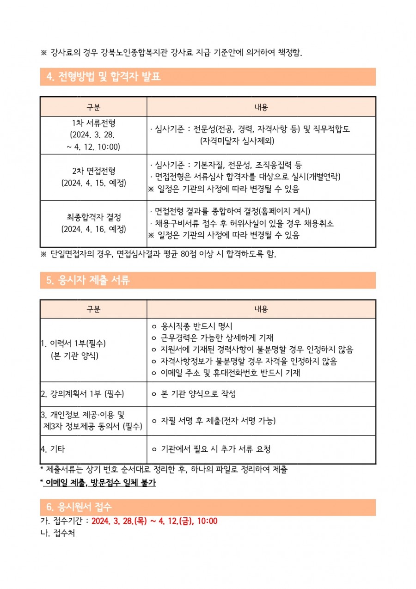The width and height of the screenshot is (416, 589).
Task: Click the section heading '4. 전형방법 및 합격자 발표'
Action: pos(104,77)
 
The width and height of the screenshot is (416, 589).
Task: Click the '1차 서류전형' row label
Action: pos(93,123)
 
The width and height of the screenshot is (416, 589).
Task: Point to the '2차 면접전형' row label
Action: pos(93,171)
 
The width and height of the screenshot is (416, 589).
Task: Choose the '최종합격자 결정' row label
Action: pos(93,217)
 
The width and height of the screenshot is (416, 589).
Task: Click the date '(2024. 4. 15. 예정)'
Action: pos(93,183)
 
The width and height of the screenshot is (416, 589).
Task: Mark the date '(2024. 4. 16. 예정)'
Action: pos(93,229)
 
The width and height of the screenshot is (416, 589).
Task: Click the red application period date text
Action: pos(154,521)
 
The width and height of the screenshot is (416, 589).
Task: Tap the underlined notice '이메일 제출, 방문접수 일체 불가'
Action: pos(100,483)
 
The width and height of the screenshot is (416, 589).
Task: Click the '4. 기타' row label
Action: pos(51,449)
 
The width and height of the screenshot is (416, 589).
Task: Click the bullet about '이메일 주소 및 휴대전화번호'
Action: pos(230,373)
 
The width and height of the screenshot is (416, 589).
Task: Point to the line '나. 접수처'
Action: pos(58,533)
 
